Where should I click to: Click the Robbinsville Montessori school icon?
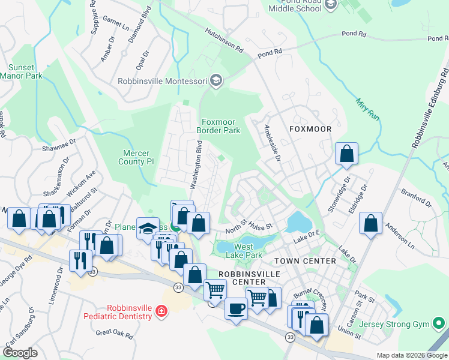pyautogui.click(x=216, y=81)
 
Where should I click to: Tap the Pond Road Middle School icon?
pyautogui.click(x=331, y=5)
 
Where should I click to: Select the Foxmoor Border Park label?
pyautogui.click(x=218, y=126)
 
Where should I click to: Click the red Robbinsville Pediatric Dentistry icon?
pyautogui.click(x=161, y=310)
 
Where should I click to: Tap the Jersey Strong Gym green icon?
pyautogui.click(x=440, y=325)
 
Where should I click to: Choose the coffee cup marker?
pyautogui.click(x=235, y=309)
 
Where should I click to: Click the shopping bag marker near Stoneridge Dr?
pyautogui.click(x=347, y=154)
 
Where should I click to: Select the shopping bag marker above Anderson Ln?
pyautogui.click(x=371, y=224)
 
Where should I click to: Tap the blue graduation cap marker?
pyautogui.click(x=148, y=228)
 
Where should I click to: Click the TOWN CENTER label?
pyautogui.click(x=305, y=261)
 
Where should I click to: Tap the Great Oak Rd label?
pyautogui.click(x=114, y=333)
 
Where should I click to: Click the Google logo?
pyautogui.click(x=20, y=353)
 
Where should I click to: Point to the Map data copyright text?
pyautogui.click(x=411, y=355)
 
